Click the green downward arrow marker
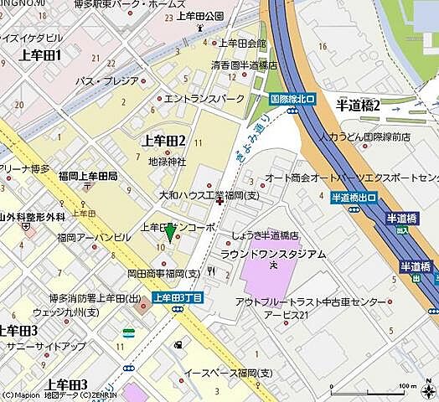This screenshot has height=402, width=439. pos(170,234)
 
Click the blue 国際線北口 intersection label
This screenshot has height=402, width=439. pos(292,98)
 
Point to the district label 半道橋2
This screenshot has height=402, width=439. pos(358,106)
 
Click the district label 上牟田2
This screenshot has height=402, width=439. pos(164,140)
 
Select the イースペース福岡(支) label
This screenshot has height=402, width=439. pos(228,372)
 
